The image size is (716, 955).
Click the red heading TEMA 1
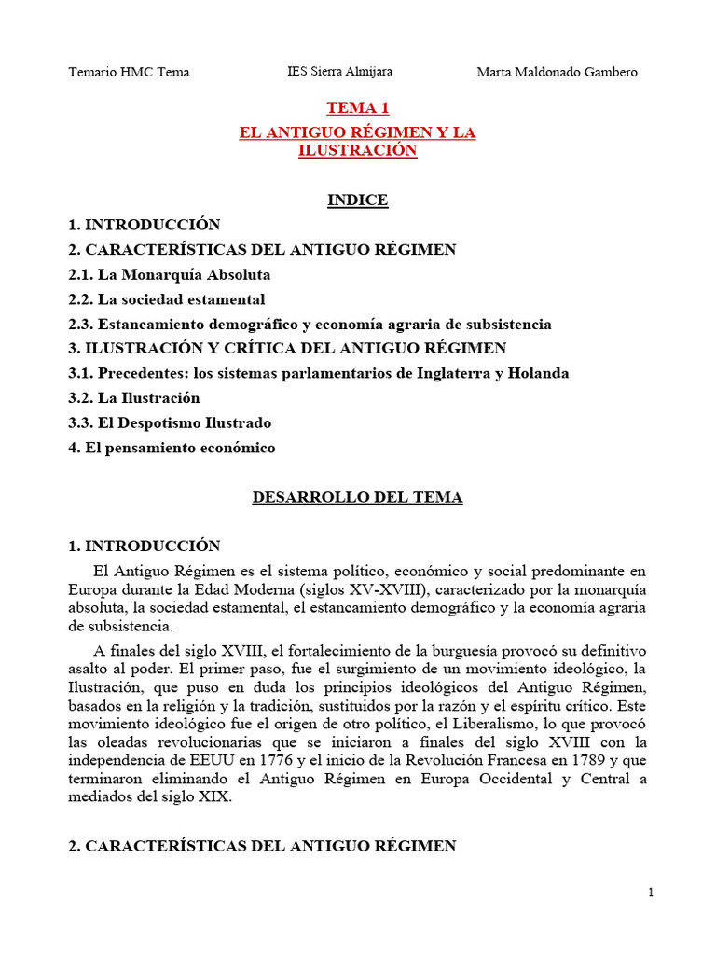[357, 109]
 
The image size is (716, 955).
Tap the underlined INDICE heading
[357, 200]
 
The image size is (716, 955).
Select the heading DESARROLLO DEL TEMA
[357, 497]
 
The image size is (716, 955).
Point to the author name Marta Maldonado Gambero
[557, 72]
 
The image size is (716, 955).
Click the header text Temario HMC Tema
[130, 72]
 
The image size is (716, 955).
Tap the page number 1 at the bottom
[651, 893]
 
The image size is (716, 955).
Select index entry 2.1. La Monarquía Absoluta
[170, 275]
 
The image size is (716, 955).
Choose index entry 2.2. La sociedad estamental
[167, 299]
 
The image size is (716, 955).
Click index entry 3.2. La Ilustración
[134, 398]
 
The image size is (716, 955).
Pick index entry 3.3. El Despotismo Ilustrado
[170, 422]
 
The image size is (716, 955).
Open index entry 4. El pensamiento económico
[172, 448]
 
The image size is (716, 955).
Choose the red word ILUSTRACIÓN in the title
[357, 151]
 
